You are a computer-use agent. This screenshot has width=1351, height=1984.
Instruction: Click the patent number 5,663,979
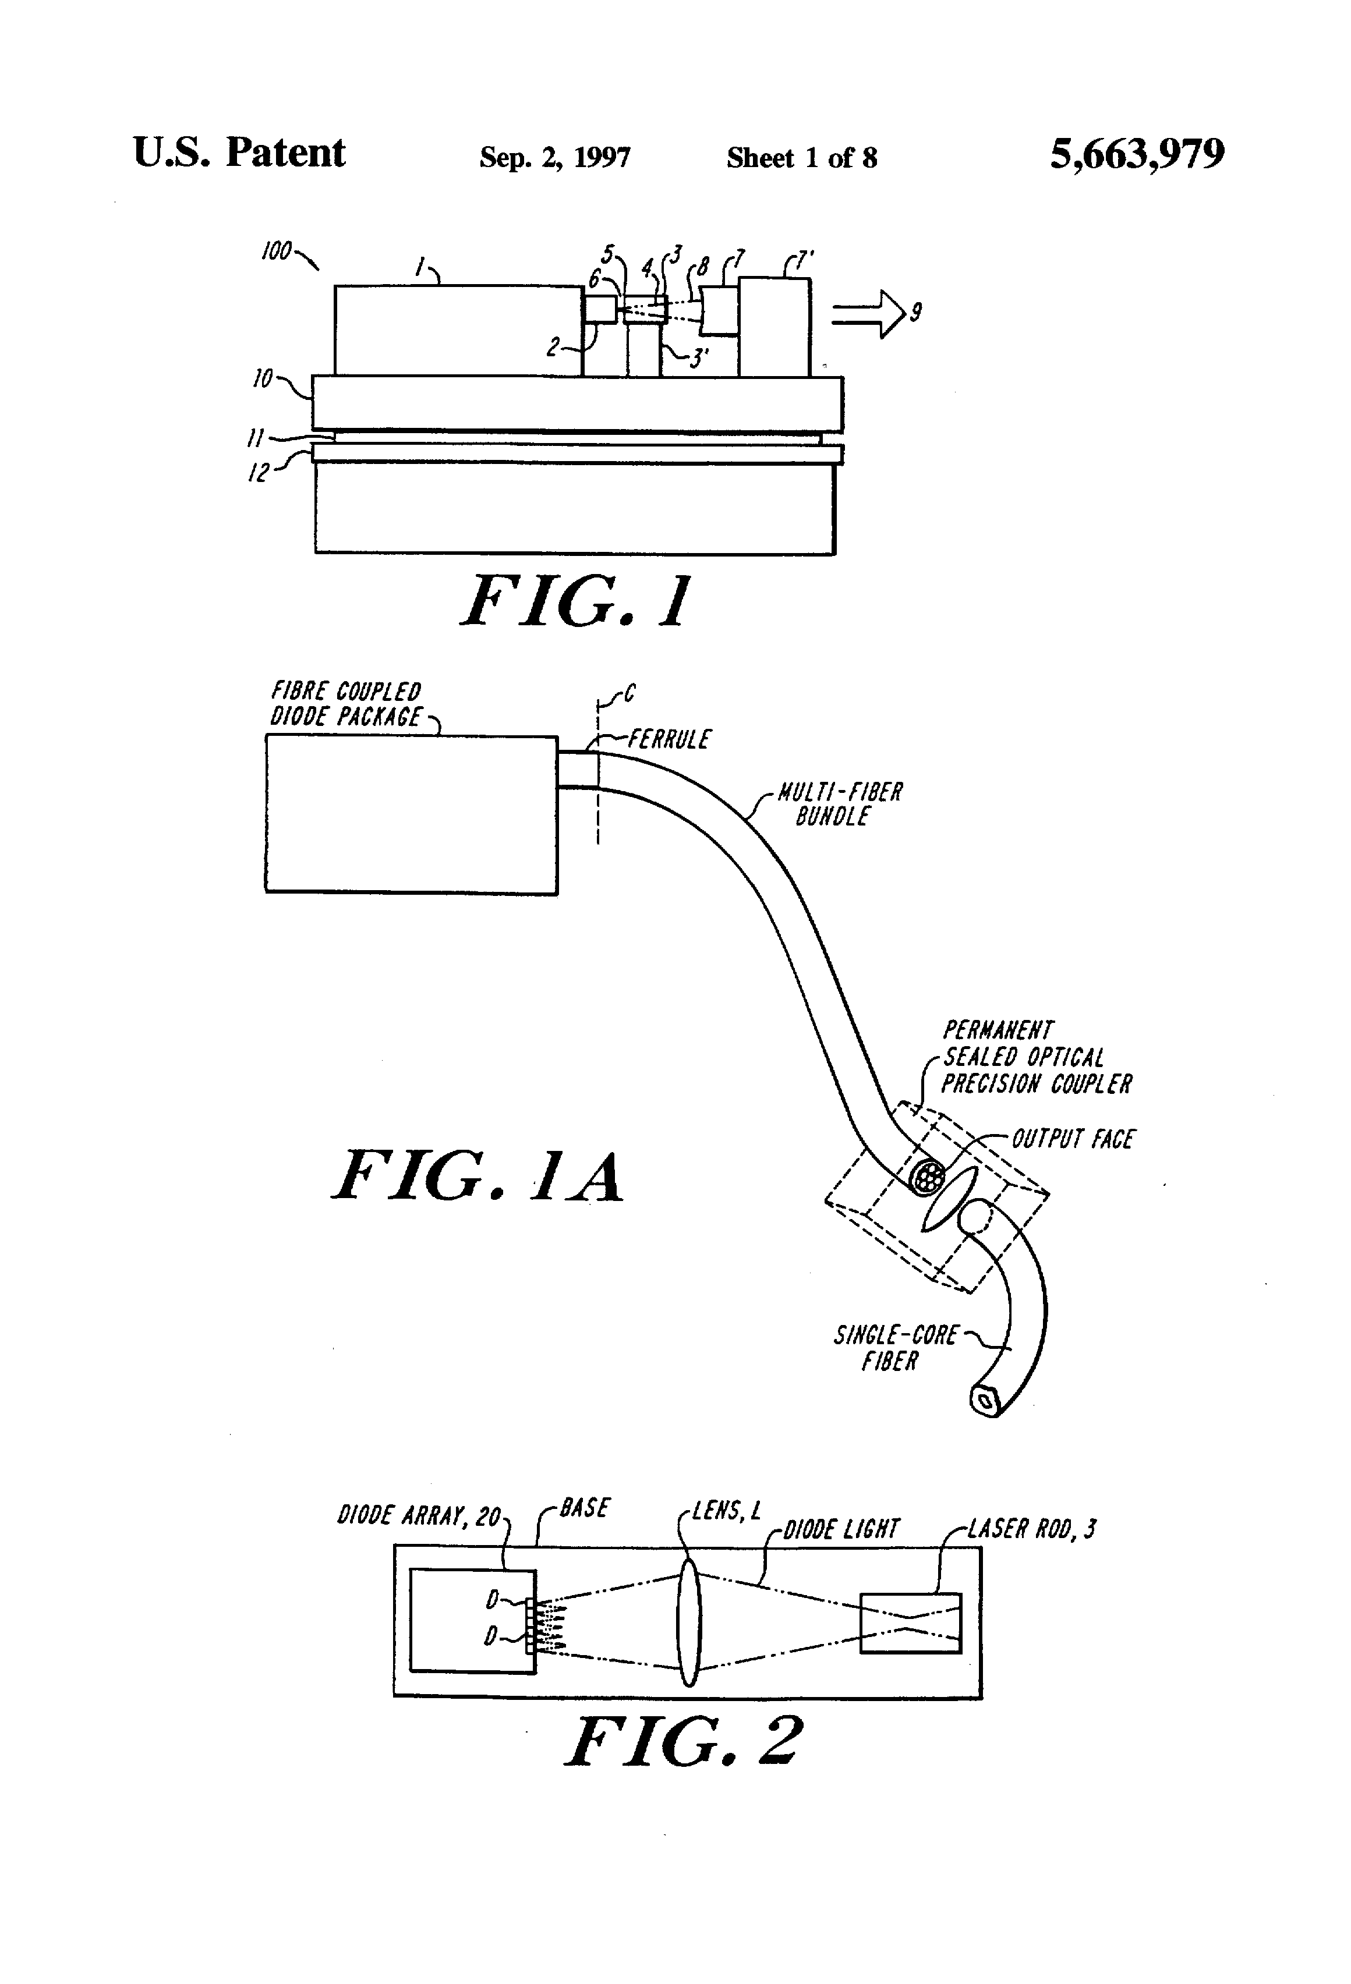coord(1137,154)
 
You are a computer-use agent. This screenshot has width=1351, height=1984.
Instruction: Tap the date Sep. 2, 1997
coord(554,158)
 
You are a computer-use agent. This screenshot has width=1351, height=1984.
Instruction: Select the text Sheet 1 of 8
coord(801,158)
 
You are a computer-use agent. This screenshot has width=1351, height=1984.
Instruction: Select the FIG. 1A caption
coord(478,1177)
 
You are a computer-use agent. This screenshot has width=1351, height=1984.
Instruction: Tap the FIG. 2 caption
coord(683,1742)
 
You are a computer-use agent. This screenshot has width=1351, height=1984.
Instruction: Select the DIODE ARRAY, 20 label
coord(419,1516)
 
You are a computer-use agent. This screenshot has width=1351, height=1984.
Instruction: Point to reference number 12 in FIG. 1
coord(258,472)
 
